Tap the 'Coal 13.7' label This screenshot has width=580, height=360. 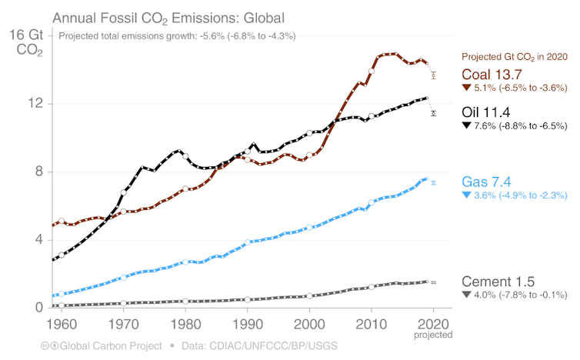point(492,75)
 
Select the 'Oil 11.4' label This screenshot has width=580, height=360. point(486,112)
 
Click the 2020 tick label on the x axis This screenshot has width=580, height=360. point(434,322)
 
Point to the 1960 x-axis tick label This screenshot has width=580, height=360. point(61,322)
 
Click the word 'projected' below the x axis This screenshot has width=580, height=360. point(434,335)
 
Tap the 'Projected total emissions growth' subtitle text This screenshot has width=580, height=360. point(177,36)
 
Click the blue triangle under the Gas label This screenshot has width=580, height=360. point(465,196)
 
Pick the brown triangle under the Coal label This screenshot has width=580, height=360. point(465,89)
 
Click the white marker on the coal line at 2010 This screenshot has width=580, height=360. point(372,71)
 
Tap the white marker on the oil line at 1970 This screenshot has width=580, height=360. point(124,192)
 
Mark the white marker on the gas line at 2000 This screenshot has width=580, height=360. point(309,228)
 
